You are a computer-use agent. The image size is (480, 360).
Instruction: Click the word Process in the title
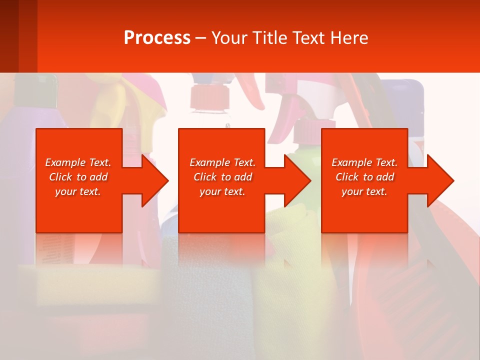[x=157, y=38]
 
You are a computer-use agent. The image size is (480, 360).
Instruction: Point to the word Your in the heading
[x=230, y=38]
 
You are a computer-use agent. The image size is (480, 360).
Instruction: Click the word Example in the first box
[x=65, y=162]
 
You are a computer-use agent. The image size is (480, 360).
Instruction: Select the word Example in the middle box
[x=209, y=162]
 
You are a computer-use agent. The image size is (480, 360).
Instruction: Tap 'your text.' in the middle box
[x=222, y=191]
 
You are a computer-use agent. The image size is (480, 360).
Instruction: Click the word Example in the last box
[x=351, y=162]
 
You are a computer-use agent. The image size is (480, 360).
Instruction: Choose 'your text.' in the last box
[x=364, y=191]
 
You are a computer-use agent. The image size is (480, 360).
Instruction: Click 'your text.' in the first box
[x=77, y=191]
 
